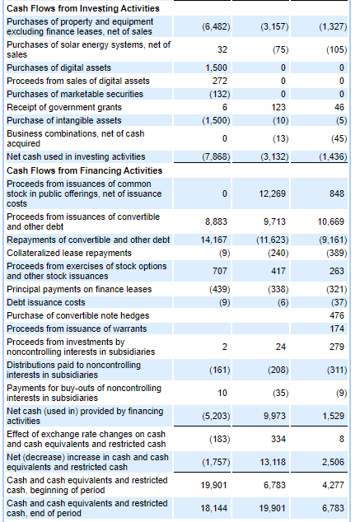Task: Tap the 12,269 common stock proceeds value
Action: pyautogui.click(x=271, y=193)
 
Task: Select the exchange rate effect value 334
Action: pyautogui.click(x=276, y=438)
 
